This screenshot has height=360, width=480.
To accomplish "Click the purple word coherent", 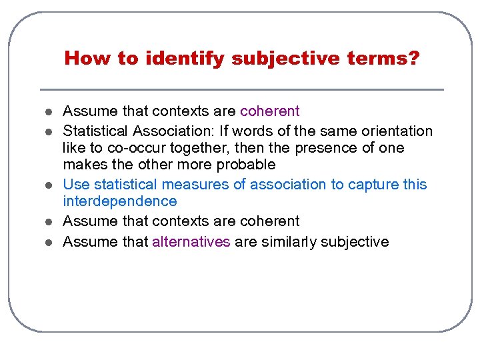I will coord(270,111).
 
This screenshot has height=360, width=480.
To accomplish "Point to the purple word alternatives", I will coord(191,241).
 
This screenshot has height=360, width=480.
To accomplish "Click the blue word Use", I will coord(76,185).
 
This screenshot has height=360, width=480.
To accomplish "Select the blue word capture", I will coord(373,185).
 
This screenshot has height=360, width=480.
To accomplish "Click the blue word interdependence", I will coord(120,201).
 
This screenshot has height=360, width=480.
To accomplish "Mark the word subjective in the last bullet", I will coord(355,241).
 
